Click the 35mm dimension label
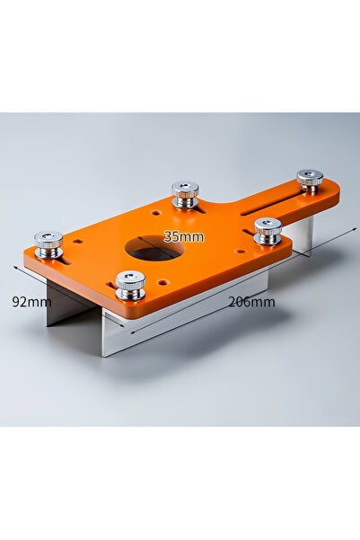coord(184,237)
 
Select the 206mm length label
coord(251,302)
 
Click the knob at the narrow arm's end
coord(310,180)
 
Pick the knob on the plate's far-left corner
coord(48,243)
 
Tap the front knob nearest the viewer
coord(130,285)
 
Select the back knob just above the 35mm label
coord(185,194)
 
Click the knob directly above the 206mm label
coord(268,231)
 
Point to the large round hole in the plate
coord(154,249)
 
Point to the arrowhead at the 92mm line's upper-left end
coord(15,268)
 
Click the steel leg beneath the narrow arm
coord(301,235)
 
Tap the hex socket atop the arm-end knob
coord(310,173)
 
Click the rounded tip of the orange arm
coord(336,191)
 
